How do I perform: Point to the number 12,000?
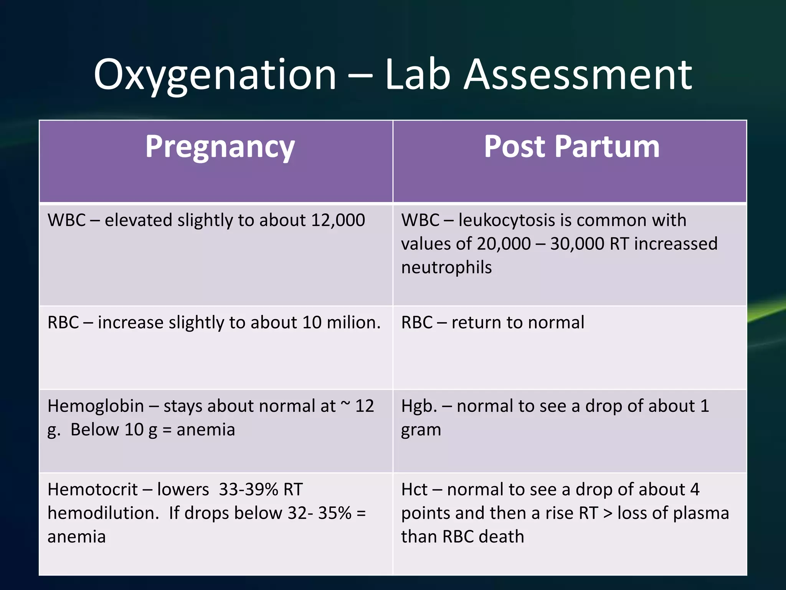click(338, 220)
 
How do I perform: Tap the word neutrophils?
click(446, 268)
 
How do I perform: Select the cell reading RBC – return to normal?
click(493, 323)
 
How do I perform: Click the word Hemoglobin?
click(96, 406)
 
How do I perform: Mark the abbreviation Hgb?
click(419, 406)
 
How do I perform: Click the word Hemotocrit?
click(92, 490)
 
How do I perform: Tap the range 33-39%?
click(248, 490)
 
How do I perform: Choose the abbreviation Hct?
click(414, 490)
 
